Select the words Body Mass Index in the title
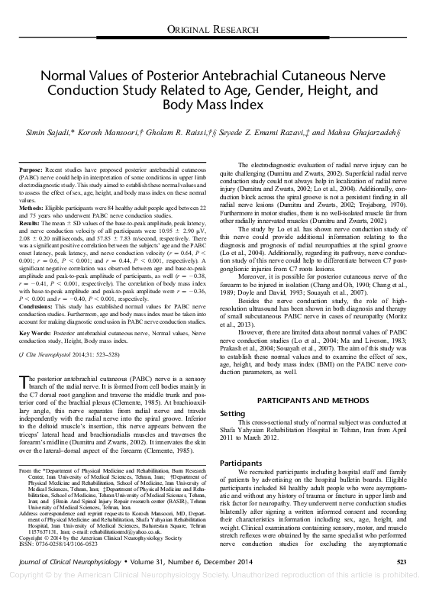point(213,107)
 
